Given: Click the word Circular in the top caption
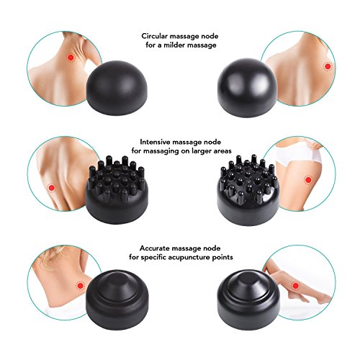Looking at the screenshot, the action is (x=155, y=36).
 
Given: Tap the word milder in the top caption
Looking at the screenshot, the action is (x=175, y=45).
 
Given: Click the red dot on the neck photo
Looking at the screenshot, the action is (x=71, y=58).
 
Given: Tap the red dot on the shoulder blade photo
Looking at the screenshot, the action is (x=328, y=66).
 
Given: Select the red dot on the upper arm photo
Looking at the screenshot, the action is (x=51, y=188).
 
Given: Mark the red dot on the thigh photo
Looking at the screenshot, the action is (x=308, y=179).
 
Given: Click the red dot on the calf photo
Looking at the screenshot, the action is (x=296, y=286).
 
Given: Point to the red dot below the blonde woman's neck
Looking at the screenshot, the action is (x=81, y=286).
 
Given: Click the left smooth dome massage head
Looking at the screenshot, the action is (x=117, y=88).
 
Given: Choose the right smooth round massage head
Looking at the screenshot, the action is (x=247, y=88).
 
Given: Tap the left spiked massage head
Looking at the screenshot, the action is (x=117, y=189).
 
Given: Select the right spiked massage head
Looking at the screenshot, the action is (x=248, y=190).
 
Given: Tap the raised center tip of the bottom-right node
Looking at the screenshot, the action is (x=248, y=286).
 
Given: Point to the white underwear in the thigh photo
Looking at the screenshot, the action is (x=297, y=153).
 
